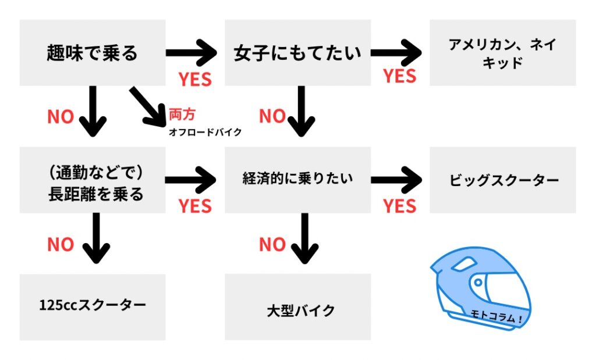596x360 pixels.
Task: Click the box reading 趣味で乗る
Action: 93,53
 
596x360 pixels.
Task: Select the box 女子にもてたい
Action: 297,53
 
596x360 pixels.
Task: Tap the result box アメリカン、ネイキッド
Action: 502,53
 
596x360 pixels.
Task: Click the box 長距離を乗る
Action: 93,180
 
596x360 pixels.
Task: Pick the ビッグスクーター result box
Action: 502,180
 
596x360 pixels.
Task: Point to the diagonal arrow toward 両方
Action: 148,106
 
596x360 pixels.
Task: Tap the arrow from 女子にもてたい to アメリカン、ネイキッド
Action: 396,54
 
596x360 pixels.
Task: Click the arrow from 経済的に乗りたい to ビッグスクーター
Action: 396,179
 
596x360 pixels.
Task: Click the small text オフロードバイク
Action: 205,132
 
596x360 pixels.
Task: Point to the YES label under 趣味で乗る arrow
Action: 195,79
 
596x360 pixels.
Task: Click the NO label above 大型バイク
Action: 272,245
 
